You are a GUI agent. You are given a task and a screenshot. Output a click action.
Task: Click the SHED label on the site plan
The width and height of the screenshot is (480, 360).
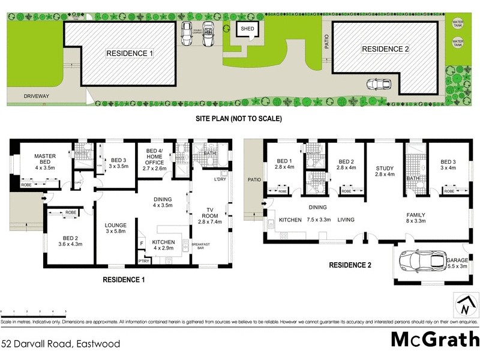click(247, 28)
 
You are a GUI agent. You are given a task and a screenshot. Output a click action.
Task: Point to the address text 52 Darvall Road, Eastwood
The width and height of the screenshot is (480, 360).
click(61, 344)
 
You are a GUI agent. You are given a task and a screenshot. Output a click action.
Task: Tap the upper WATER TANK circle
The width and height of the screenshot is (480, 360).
click(458, 24)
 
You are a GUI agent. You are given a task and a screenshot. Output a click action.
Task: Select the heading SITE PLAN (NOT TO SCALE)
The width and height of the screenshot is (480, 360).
click(239, 119)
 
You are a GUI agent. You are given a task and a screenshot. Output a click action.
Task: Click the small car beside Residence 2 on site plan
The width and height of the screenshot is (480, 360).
click(376, 84)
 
